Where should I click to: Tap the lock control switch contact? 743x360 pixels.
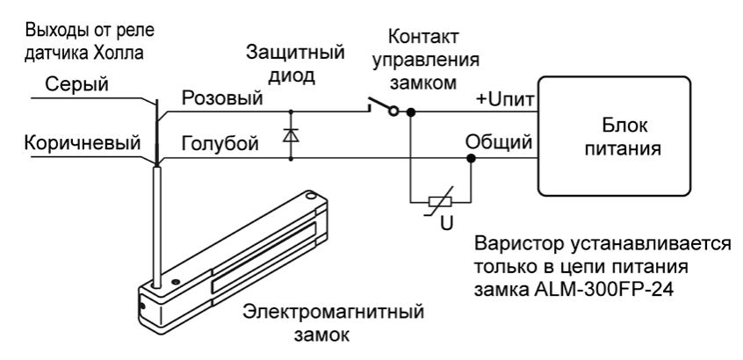384,110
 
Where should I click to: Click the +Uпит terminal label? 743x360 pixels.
504,98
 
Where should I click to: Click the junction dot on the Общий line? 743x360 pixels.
471,159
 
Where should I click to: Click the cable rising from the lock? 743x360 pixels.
156,220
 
